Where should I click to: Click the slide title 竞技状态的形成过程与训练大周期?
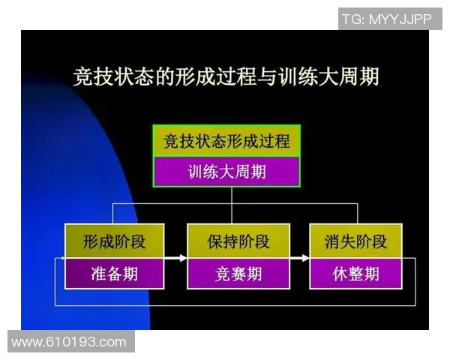[x=226, y=76]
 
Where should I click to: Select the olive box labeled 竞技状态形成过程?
[x=226, y=141]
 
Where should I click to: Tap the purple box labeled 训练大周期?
[x=226, y=172]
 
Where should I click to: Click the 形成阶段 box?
[x=114, y=241]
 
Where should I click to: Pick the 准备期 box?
[x=114, y=273]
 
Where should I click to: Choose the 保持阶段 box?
[x=238, y=241]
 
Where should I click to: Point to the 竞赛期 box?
[x=238, y=273]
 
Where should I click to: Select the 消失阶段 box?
[x=356, y=241]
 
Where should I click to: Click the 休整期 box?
[x=356, y=273]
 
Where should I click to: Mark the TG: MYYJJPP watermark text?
[x=386, y=19]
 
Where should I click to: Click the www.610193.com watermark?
[x=69, y=343]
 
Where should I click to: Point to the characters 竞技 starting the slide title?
[x=91, y=76]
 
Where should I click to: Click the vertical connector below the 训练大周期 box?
[x=232, y=195]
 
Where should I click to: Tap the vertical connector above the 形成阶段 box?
[x=114, y=214]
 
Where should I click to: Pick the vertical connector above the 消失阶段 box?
[x=356, y=214]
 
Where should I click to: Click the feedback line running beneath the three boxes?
[x=232, y=305]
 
